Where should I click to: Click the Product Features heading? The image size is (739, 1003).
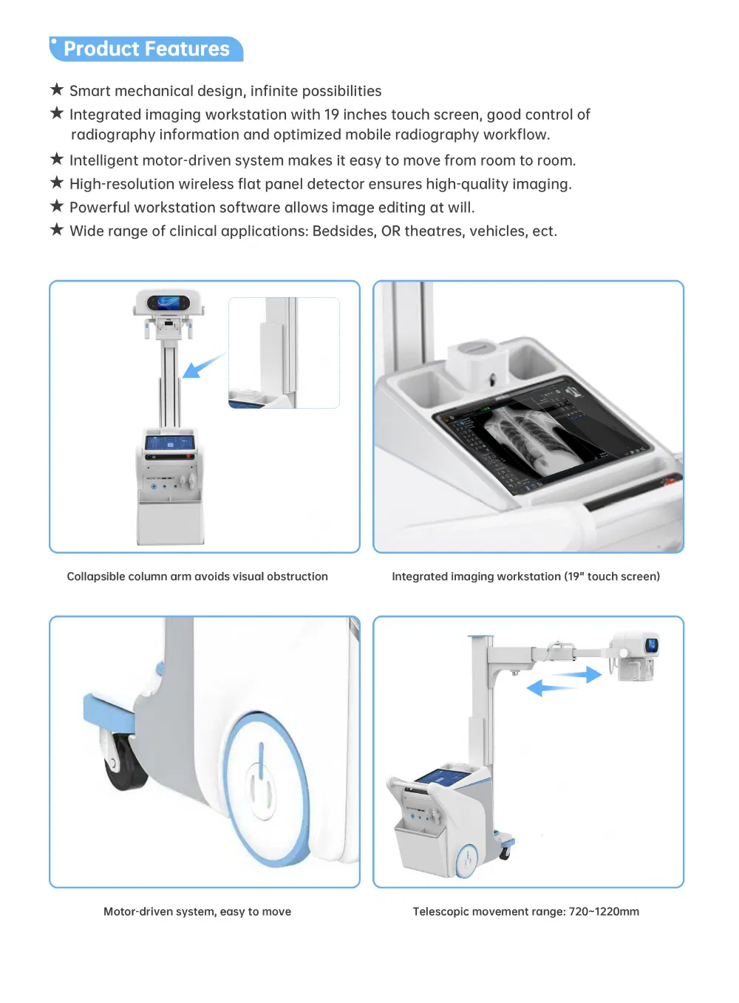(146, 49)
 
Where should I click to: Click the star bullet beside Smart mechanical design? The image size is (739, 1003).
(57, 90)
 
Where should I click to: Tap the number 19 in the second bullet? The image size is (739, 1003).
(331, 115)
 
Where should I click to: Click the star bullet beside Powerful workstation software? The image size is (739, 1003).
(57, 206)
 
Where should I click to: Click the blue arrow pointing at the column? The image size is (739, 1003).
(202, 365)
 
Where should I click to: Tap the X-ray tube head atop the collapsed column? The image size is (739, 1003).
(168, 305)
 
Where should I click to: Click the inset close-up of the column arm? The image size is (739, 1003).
(284, 353)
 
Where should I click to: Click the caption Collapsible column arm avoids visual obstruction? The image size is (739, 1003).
(197, 577)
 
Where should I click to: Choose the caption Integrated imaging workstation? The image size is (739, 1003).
(525, 577)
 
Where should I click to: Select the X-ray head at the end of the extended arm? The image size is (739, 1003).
(635, 655)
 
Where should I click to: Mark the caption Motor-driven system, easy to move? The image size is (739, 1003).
(197, 912)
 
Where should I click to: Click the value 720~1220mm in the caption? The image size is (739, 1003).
(604, 912)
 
